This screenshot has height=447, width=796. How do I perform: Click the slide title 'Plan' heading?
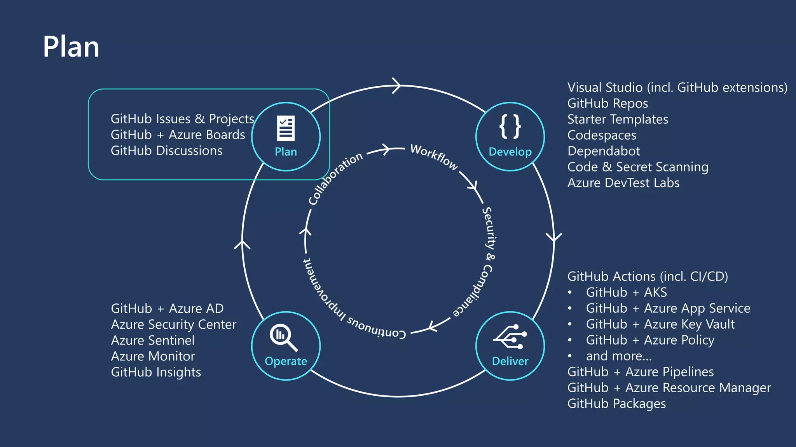pyautogui.click(x=71, y=47)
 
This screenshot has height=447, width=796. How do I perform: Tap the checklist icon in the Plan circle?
pyautogui.click(x=286, y=128)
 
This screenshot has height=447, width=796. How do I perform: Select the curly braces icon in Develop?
pyautogui.click(x=510, y=126)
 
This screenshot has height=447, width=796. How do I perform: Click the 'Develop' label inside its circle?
pyautogui.click(x=510, y=152)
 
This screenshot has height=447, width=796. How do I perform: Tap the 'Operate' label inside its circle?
pyautogui.click(x=286, y=361)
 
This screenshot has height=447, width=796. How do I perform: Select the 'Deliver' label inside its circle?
pyautogui.click(x=510, y=361)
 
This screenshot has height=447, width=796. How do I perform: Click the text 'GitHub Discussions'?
pyautogui.click(x=166, y=151)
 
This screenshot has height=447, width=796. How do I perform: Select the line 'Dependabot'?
pyautogui.click(x=604, y=151)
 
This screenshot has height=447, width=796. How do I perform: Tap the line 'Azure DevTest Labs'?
pyautogui.click(x=623, y=183)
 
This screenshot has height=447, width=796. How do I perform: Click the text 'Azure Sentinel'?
pyautogui.click(x=153, y=340)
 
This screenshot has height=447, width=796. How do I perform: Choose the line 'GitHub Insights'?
pyautogui.click(x=156, y=372)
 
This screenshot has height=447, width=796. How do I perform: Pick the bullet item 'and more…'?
pyautogui.click(x=619, y=356)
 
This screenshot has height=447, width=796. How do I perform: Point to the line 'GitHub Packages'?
pyautogui.click(x=616, y=404)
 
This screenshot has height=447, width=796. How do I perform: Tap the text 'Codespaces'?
pyautogui.click(x=602, y=135)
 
